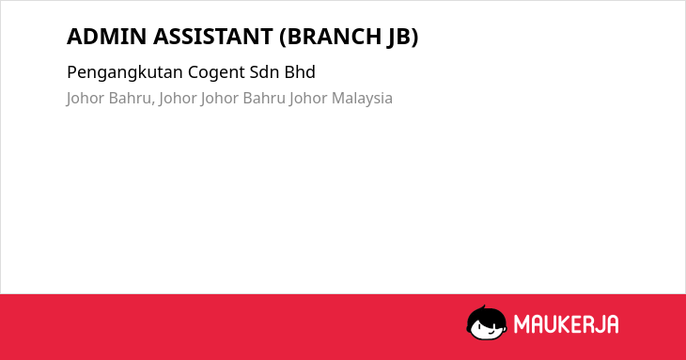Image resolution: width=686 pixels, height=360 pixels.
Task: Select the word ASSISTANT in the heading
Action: (x=213, y=37)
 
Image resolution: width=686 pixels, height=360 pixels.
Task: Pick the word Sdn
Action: (x=264, y=72)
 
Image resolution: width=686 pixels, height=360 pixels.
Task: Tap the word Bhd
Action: (x=300, y=72)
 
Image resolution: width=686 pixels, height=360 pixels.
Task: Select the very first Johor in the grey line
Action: (x=85, y=99)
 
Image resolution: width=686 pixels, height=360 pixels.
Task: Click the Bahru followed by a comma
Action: (x=131, y=98)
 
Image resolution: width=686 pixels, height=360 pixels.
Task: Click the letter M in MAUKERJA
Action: (x=522, y=324)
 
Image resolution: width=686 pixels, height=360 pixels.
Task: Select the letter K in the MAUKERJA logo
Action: (x=563, y=324)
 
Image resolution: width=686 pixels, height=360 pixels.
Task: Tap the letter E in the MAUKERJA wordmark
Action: (x=574, y=324)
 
